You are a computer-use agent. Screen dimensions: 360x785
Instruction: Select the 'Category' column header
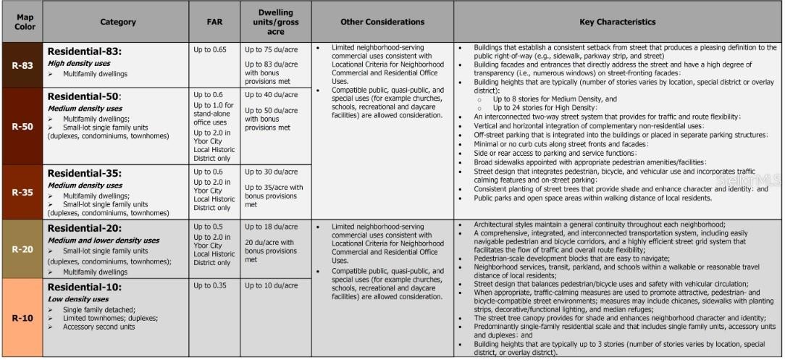click(x=117, y=22)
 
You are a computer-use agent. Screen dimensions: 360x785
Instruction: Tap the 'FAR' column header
click(x=214, y=22)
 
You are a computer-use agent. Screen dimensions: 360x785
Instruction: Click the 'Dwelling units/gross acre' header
click(x=275, y=22)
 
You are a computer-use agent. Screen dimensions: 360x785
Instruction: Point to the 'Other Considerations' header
click(x=382, y=22)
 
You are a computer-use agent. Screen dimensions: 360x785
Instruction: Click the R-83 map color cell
click(x=22, y=65)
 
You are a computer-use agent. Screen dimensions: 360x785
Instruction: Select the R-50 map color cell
click(x=22, y=126)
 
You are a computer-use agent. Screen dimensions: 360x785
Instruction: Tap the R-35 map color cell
click(x=22, y=193)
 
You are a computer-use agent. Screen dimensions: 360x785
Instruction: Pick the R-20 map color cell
click(x=22, y=249)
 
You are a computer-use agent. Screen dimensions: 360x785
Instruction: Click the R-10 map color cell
click(x=22, y=317)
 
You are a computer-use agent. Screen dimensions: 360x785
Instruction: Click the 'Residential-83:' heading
click(x=84, y=51)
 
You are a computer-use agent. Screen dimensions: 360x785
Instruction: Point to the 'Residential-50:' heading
click(x=84, y=96)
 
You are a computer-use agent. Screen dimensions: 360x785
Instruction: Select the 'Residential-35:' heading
click(x=84, y=173)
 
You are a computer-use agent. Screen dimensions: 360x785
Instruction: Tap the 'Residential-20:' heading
click(x=84, y=227)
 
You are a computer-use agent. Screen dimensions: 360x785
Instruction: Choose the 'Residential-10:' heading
click(x=84, y=288)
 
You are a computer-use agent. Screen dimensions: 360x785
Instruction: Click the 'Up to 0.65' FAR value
click(x=210, y=50)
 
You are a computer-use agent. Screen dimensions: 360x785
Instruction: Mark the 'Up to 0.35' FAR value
click(x=210, y=285)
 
